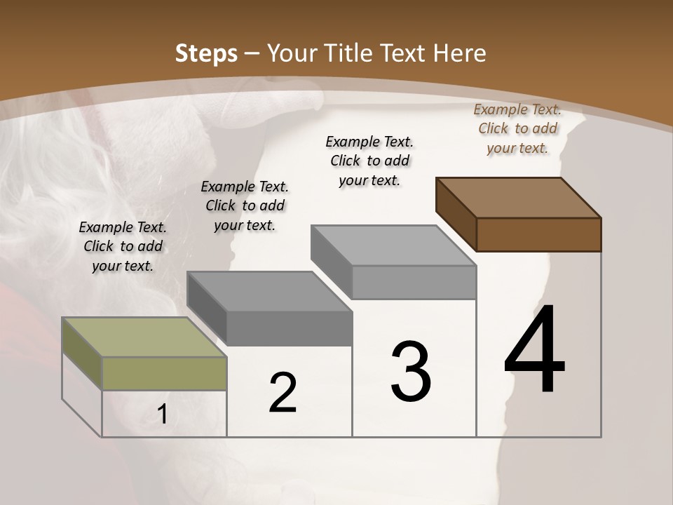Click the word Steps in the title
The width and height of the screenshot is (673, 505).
[206, 53]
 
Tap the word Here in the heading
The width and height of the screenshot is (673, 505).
[460, 53]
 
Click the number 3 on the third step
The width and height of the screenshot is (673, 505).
[411, 372]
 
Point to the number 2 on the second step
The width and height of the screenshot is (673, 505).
[283, 393]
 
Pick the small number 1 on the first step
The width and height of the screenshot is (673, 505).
[163, 415]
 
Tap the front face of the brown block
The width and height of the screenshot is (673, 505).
[538, 234]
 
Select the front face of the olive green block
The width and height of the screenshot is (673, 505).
[164, 373]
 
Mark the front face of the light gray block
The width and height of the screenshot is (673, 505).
[414, 282]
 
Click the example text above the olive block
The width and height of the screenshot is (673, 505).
[123, 246]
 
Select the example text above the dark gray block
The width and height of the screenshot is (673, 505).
[245, 206]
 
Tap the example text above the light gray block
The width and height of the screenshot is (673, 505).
[369, 161]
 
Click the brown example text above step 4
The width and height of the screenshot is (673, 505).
[517, 128]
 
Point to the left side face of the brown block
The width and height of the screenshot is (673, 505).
[456, 214]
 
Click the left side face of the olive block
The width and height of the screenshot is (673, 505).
[82, 354]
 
